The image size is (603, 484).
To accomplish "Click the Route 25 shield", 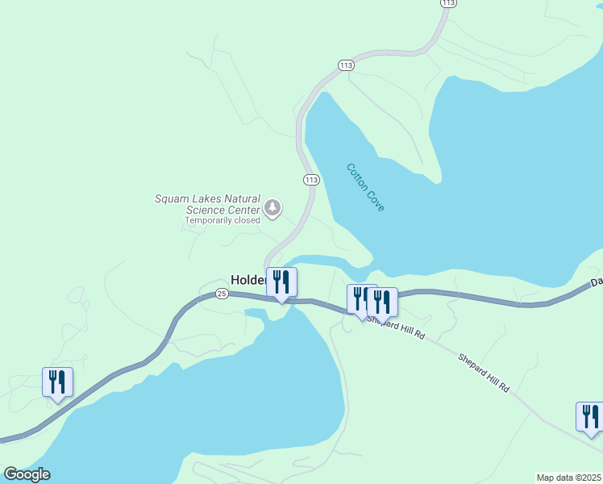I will [222, 294].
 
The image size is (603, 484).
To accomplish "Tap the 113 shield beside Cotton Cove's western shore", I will [311, 179].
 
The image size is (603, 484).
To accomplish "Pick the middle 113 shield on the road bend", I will [346, 65].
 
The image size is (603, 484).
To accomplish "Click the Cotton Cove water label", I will [366, 188].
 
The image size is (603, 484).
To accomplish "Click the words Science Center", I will [223, 210].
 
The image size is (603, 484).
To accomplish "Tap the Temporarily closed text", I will [222, 220].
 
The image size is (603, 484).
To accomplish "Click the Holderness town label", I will [248, 280].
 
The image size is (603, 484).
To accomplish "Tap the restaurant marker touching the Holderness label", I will [281, 282].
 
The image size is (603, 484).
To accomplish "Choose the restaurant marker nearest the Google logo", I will [57, 382].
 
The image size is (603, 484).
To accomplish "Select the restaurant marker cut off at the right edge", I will [590, 417].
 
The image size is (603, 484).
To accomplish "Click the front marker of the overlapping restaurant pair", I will [382, 302].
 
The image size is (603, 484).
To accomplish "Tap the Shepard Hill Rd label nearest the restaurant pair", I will [395, 326].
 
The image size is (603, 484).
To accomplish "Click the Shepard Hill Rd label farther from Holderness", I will [484, 373].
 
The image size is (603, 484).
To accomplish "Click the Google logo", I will [27, 474].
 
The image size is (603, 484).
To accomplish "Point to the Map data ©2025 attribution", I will [568, 478].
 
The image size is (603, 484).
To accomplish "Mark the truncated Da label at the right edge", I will [596, 282].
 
